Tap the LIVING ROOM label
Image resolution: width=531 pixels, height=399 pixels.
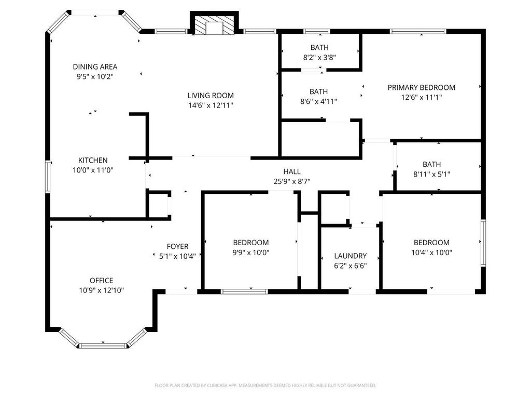pos(211,96)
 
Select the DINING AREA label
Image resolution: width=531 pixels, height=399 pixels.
pos(95,67)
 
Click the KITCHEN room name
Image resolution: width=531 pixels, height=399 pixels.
pos(93,160)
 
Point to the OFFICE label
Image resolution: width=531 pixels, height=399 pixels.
pos(101,281)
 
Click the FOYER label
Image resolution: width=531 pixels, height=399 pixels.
pos(177,247)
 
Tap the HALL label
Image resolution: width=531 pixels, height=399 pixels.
pos(291,171)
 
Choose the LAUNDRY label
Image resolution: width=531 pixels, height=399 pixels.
pos(350,256)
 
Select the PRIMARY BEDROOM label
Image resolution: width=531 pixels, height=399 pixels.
pos(421,87)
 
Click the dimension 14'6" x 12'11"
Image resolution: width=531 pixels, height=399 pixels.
pos(211,105)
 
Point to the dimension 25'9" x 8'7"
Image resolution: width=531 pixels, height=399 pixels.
pos(291,181)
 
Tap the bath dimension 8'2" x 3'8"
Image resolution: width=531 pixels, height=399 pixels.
pos(319,57)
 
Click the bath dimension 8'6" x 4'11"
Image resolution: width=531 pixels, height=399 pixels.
pos(318,101)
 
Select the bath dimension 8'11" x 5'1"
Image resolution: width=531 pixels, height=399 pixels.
pos(431,175)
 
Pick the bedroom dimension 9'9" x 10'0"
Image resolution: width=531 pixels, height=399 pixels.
pos(251,253)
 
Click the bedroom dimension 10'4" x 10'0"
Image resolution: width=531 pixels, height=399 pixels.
pos(431,253)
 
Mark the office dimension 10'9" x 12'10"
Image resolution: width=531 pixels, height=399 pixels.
pos(101,290)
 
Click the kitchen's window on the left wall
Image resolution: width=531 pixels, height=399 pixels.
pos(48,177)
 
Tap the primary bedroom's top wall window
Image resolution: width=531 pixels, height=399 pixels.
pos(417,32)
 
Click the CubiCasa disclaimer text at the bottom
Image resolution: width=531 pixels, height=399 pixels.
pos(265,385)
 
